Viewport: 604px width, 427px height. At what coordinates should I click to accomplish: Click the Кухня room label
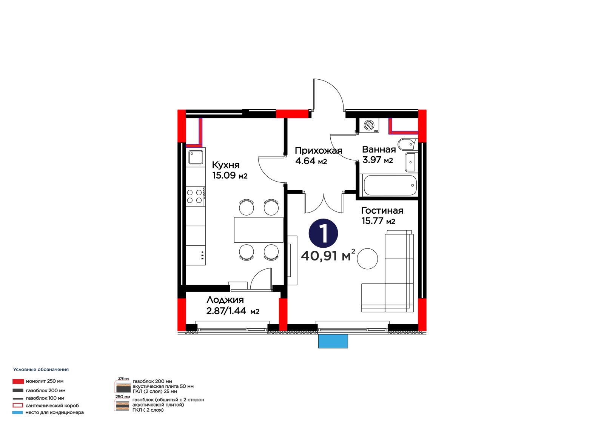(x=225, y=165)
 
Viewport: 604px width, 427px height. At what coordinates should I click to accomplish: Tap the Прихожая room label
(x=319, y=151)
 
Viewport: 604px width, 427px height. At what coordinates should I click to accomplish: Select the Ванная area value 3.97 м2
(x=377, y=160)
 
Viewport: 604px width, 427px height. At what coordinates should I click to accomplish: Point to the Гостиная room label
(x=382, y=210)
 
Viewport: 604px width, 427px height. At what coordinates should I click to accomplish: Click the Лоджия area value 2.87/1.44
(x=226, y=311)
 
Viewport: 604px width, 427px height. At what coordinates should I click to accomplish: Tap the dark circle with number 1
(x=323, y=233)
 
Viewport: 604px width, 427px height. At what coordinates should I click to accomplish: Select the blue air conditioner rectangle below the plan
(x=333, y=341)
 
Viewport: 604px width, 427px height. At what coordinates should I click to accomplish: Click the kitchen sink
(x=196, y=157)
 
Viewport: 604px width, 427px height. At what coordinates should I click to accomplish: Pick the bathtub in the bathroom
(x=389, y=185)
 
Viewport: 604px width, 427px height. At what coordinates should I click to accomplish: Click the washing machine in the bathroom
(x=369, y=125)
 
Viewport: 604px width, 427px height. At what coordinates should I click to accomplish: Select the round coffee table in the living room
(x=367, y=258)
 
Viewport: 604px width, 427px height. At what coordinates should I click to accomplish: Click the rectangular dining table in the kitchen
(x=259, y=230)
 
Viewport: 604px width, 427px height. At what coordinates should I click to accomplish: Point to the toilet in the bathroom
(x=407, y=144)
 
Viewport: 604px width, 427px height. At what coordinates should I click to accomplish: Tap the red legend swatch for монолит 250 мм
(x=18, y=381)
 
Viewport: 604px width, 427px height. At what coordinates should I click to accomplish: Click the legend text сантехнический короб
(x=52, y=405)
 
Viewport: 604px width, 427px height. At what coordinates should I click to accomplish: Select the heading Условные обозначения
(x=41, y=370)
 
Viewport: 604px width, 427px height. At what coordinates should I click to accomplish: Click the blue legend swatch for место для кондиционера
(x=17, y=412)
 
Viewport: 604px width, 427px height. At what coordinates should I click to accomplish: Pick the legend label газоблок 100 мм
(x=45, y=398)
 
